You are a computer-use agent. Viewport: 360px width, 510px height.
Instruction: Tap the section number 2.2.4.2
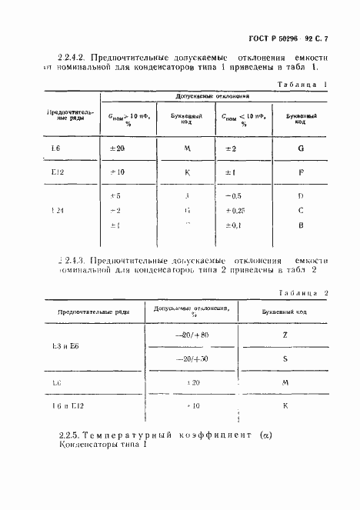(73, 58)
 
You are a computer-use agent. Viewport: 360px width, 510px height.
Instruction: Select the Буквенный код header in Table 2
(285, 309)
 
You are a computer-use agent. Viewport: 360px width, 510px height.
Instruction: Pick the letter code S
(285, 358)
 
